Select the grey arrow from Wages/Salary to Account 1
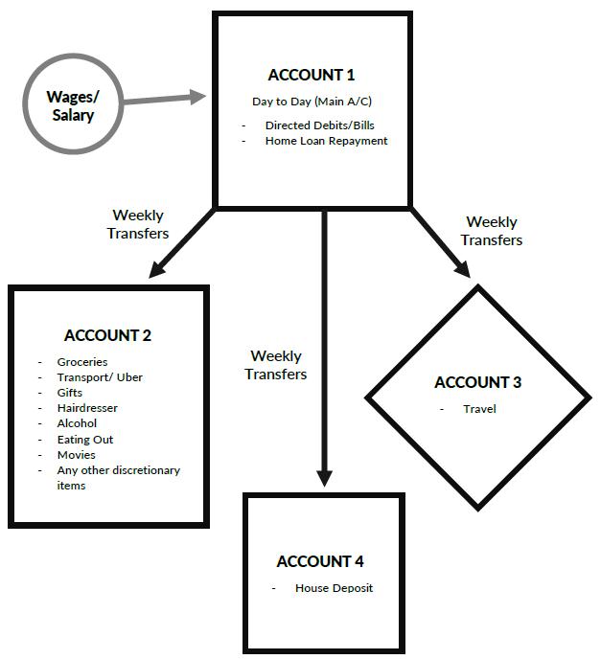163,98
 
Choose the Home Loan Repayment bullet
326,141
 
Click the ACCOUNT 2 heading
107,335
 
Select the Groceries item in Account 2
82,362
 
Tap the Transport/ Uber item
100,377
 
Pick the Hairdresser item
87,408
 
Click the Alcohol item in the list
77,423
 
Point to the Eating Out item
84,440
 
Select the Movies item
76,455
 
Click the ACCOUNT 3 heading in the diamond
477,382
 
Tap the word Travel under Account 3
479,409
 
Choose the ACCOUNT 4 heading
320,561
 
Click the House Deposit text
334,588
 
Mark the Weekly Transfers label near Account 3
493,232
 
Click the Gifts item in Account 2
70,393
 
